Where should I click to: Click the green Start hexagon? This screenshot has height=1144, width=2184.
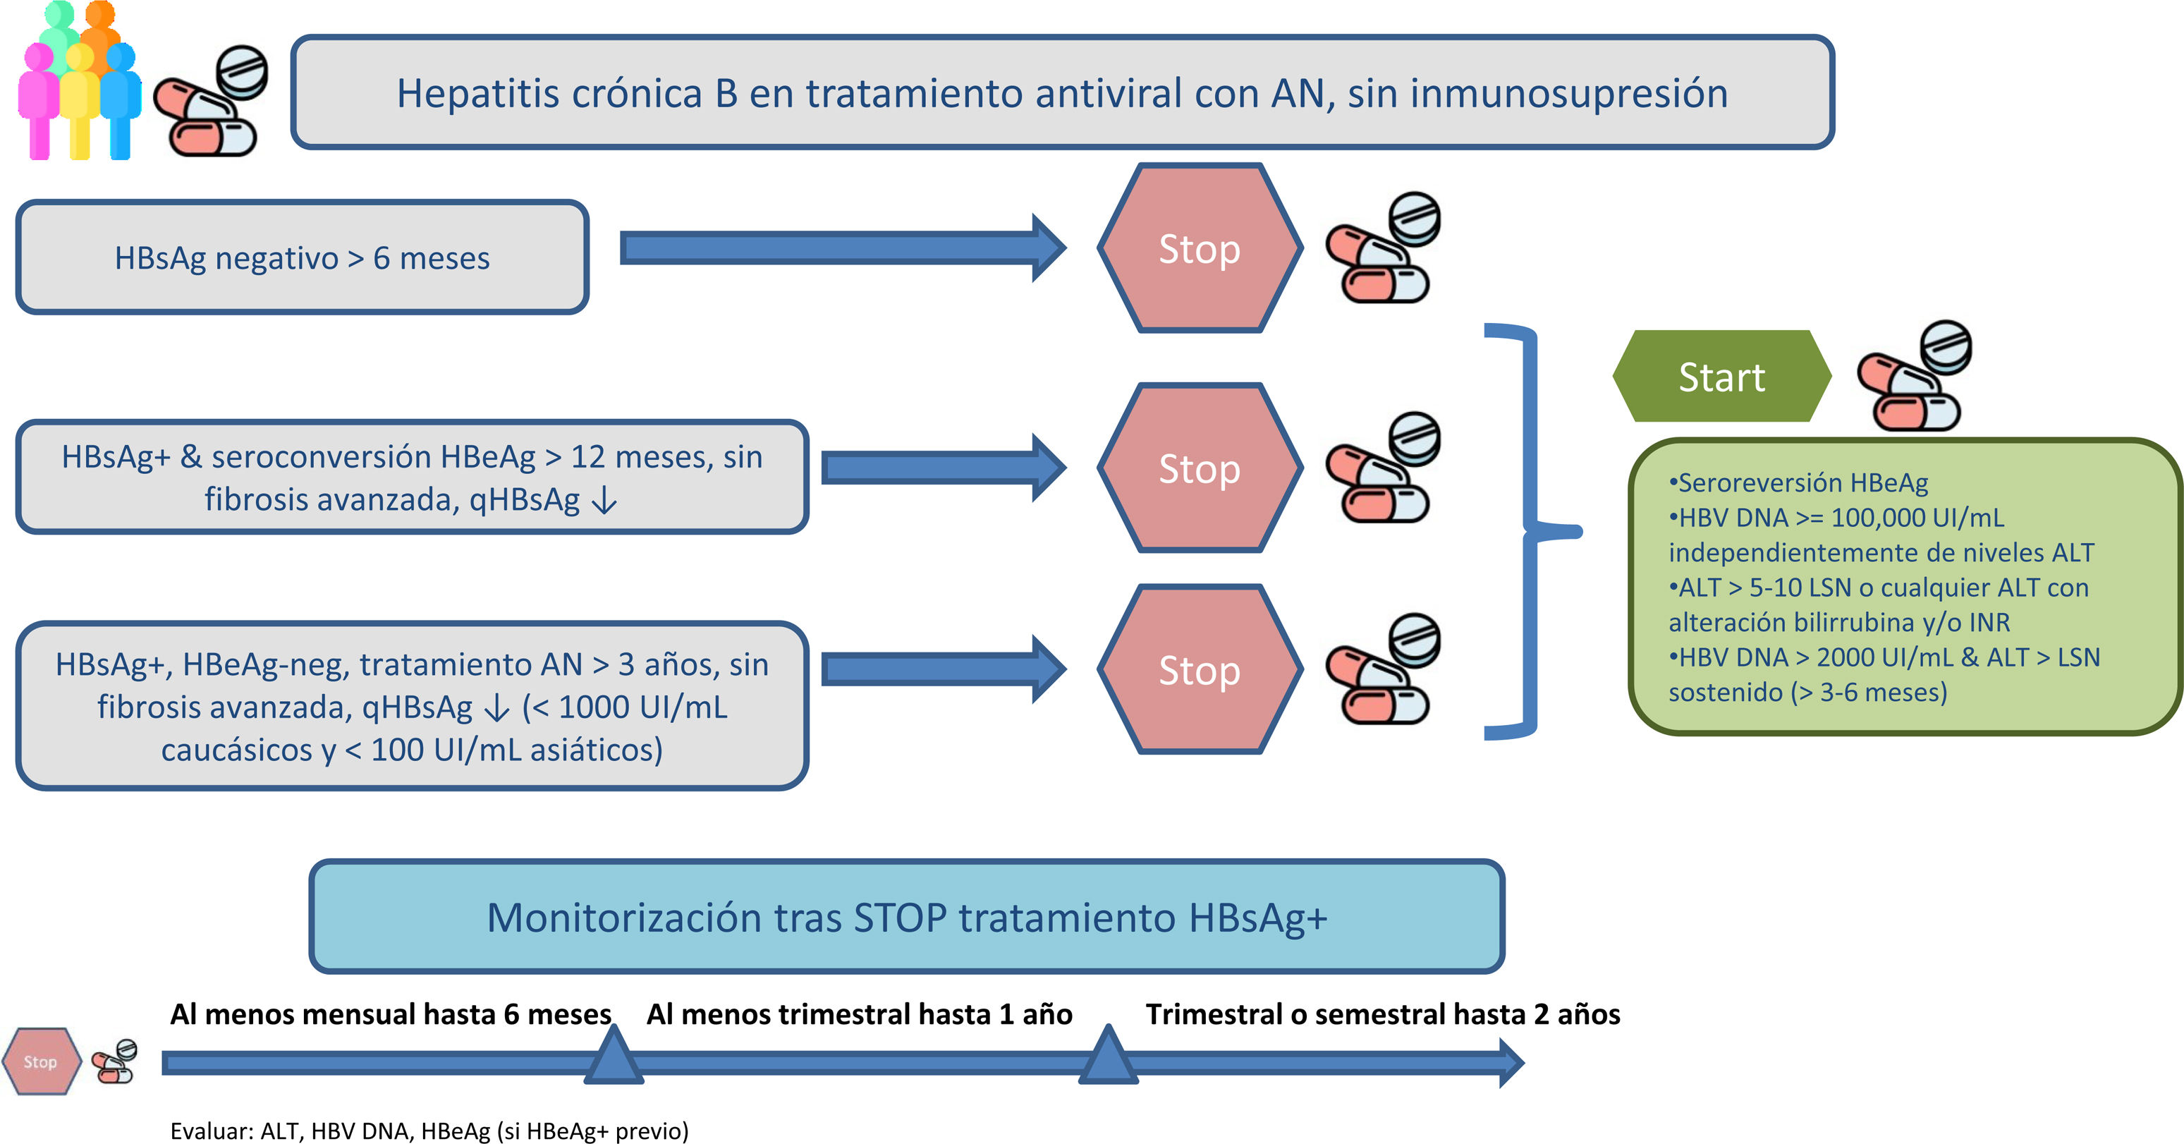click(x=1721, y=377)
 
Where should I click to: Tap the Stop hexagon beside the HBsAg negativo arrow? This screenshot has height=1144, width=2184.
click(x=1200, y=248)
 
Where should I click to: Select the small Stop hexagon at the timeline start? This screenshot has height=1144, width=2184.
click(x=40, y=1061)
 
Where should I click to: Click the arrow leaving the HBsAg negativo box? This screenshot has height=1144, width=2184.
click(x=839, y=248)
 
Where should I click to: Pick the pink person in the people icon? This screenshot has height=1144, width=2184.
click(x=38, y=102)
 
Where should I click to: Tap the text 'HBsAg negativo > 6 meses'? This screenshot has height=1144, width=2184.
click(x=302, y=258)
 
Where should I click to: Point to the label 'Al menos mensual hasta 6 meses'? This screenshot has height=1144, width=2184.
click(x=391, y=1014)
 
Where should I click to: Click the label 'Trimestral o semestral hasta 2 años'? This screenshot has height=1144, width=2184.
click(x=1383, y=1014)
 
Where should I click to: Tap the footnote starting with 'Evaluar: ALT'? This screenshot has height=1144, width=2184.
click(x=429, y=1131)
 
